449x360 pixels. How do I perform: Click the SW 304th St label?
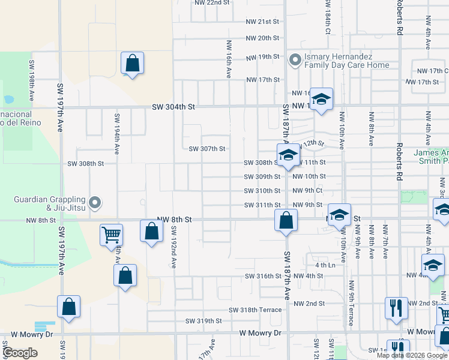pyautogui.click(x=173, y=107)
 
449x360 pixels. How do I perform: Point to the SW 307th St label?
pyautogui.click(x=207, y=149)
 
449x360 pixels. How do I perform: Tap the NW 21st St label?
pyautogui.click(x=262, y=22)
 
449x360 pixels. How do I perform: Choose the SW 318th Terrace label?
pyautogui.click(x=255, y=310)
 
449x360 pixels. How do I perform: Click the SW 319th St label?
pyautogui.click(x=203, y=321)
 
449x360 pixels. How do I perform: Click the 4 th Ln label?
pyautogui.click(x=324, y=265)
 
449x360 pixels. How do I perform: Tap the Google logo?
pyautogui.click(x=20, y=353)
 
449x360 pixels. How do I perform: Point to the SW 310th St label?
pyautogui.click(x=262, y=191)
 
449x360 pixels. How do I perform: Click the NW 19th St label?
pyautogui.click(x=262, y=57)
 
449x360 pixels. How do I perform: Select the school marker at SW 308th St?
pyautogui.click(x=288, y=155)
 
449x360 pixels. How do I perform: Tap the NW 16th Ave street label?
pyautogui.click(x=229, y=60)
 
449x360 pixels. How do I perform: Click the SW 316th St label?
pyautogui.click(x=263, y=276)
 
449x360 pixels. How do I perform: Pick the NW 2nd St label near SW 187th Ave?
pyautogui.click(x=309, y=304)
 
